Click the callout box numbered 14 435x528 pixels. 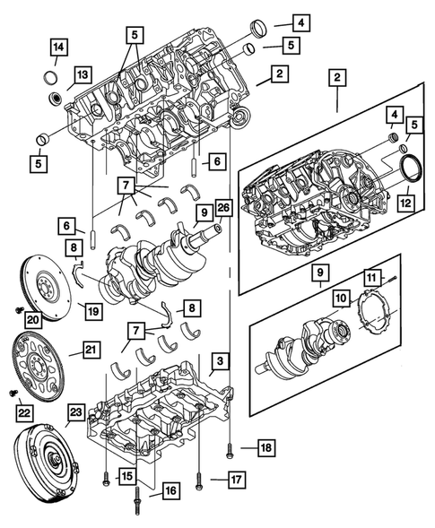point(58,47)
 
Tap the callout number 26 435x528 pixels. point(222,212)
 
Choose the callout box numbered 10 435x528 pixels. point(343,297)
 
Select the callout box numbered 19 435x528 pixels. point(92,311)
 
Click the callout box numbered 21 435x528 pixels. point(92,351)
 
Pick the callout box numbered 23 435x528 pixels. point(75,413)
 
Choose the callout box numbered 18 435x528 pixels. point(265,446)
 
